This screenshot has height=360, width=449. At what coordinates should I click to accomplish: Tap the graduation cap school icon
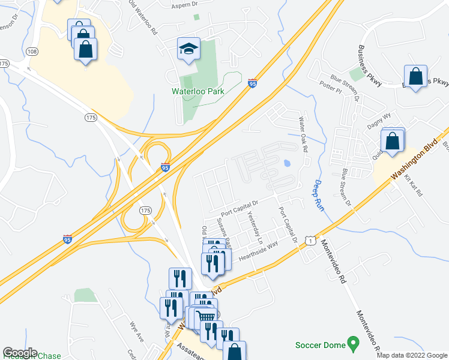(x=188, y=49)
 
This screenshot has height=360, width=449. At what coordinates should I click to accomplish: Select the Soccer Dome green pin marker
(x=354, y=344)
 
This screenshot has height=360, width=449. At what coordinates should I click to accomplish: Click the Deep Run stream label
(x=319, y=196)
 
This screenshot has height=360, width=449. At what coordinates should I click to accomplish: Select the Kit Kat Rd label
(x=414, y=186)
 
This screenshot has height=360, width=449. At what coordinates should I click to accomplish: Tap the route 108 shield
(x=33, y=52)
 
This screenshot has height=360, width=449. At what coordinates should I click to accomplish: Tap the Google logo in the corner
(x=20, y=352)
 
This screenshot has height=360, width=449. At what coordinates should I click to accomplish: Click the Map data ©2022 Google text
(x=412, y=355)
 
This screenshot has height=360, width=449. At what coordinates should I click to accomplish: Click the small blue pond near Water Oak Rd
(x=287, y=163)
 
